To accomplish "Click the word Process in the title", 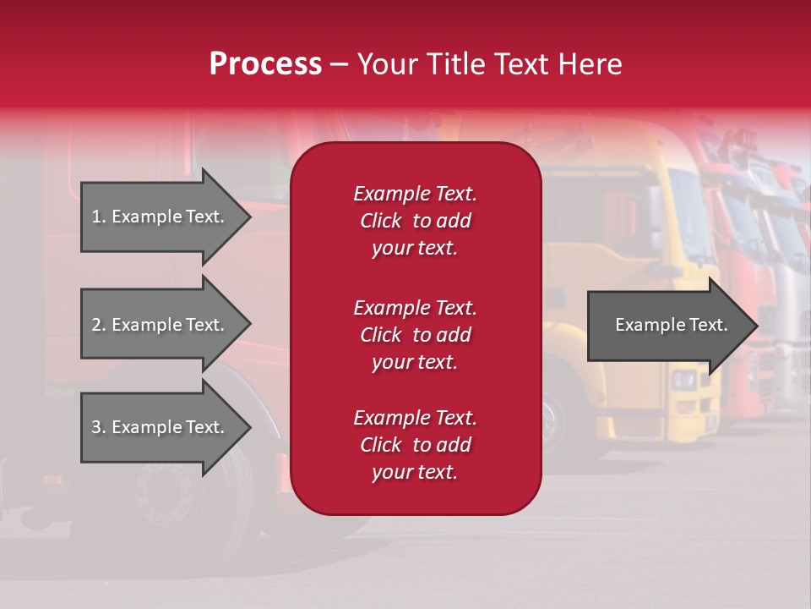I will pyautogui.click(x=265, y=64).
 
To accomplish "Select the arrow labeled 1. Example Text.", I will pyautogui.click(x=161, y=217).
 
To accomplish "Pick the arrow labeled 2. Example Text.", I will pyautogui.click(x=161, y=325).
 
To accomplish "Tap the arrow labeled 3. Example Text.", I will pyautogui.click(x=161, y=427).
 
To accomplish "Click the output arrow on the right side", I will pyautogui.click(x=667, y=325).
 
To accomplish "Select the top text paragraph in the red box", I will pyautogui.click(x=415, y=221).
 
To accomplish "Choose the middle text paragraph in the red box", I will pyautogui.click(x=415, y=335).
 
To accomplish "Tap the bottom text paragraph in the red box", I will pyautogui.click(x=415, y=445).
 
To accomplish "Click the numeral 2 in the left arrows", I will pyautogui.click(x=96, y=325).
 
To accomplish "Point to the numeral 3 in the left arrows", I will pyautogui.click(x=96, y=427).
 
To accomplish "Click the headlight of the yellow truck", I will pyautogui.click(x=683, y=381).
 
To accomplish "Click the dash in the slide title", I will pyautogui.click(x=339, y=65).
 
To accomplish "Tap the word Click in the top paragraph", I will pyautogui.click(x=380, y=221).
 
